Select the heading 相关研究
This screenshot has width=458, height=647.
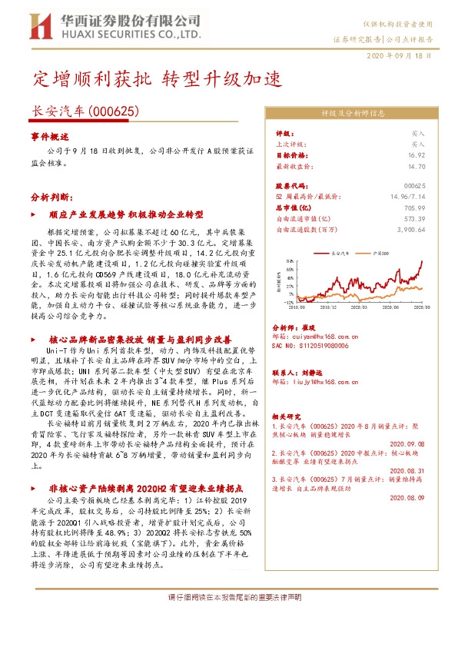point(289,415)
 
